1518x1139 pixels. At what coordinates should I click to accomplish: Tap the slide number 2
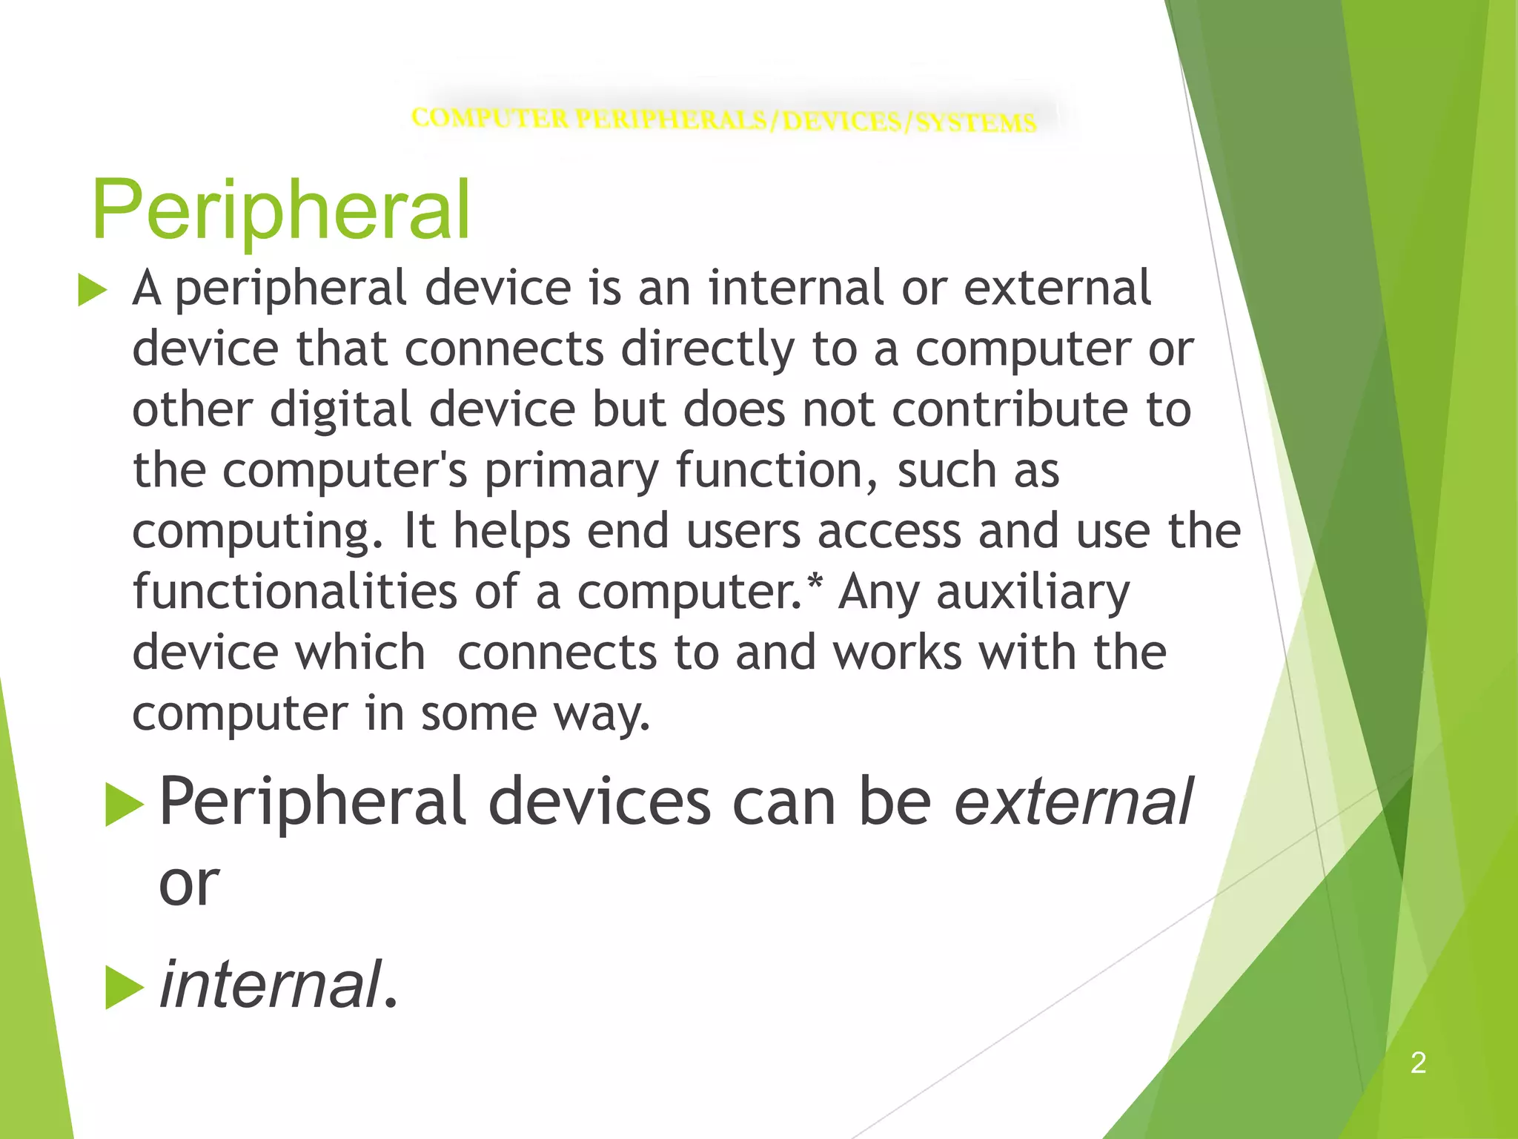pyautogui.click(x=1418, y=1063)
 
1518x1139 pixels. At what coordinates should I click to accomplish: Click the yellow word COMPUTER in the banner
pyautogui.click(x=490, y=117)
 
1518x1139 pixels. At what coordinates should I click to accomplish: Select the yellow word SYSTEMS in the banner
pyautogui.click(x=976, y=122)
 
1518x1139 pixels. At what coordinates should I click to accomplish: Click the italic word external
pyautogui.click(x=1073, y=802)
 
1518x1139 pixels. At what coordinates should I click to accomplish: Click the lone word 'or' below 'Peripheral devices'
pyautogui.click(x=189, y=884)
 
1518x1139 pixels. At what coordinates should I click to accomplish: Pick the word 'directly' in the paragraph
pyautogui.click(x=707, y=349)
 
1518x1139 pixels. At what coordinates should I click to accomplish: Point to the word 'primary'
pyautogui.click(x=571, y=472)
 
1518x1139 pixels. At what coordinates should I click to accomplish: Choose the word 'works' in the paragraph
pyautogui.click(x=897, y=653)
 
